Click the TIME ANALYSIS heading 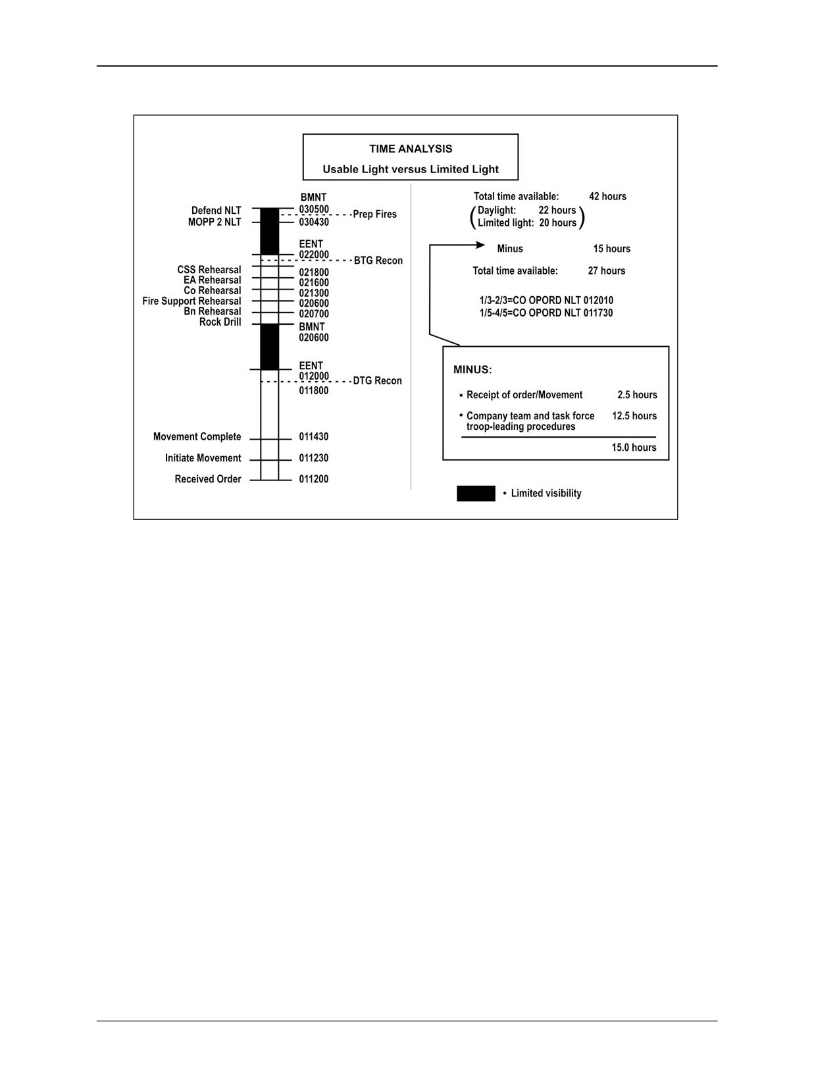point(410,149)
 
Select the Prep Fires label point(375,214)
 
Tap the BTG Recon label point(378,261)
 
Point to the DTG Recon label point(377,381)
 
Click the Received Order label point(208,479)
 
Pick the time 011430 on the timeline point(314,437)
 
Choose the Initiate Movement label point(203,458)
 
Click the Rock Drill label point(220,323)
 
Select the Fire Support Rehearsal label point(191,301)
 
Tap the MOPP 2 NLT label point(215,222)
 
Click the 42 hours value point(607,196)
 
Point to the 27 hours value point(607,271)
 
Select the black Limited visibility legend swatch point(476,493)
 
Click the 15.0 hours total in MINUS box point(634,448)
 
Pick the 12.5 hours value point(634,416)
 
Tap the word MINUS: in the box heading point(472,371)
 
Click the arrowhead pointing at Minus point(480,245)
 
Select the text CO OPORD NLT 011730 point(563,313)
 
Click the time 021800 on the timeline point(314,273)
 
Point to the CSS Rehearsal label point(209,270)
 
